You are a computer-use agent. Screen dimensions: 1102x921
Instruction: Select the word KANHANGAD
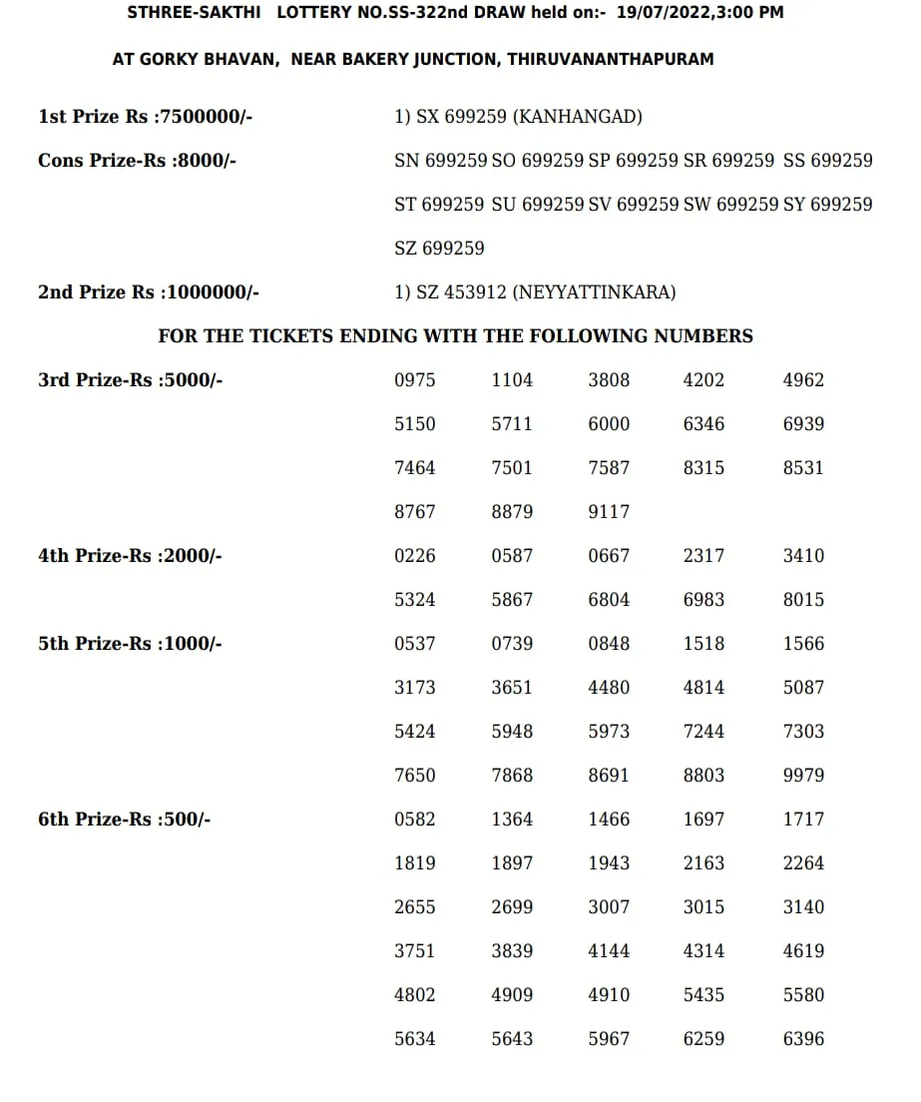pos(578,117)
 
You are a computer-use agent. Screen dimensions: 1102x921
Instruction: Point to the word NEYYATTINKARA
pos(594,292)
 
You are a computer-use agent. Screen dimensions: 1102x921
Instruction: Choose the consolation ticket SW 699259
pos(730,205)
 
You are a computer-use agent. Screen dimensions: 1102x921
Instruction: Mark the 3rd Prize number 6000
pos(609,424)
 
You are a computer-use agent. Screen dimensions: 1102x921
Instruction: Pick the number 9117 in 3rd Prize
pos(609,512)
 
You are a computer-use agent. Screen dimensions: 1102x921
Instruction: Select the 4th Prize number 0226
pos(415,556)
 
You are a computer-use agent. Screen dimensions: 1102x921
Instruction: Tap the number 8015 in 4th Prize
pos(803,600)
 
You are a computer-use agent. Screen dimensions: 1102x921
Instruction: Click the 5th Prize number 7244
pos(703,732)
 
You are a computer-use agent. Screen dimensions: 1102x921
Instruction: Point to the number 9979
pos(803,776)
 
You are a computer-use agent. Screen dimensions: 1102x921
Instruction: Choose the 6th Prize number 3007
pos(609,907)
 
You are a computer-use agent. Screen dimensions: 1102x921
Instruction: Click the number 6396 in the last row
pos(803,1039)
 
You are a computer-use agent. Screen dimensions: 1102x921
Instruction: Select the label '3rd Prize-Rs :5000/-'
pos(130,380)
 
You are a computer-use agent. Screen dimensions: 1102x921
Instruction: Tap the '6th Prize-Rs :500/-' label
pos(125,820)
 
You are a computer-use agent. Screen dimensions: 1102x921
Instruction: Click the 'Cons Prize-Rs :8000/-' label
pos(137,161)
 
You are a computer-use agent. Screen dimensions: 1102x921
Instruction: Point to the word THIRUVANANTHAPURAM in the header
pos(610,60)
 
